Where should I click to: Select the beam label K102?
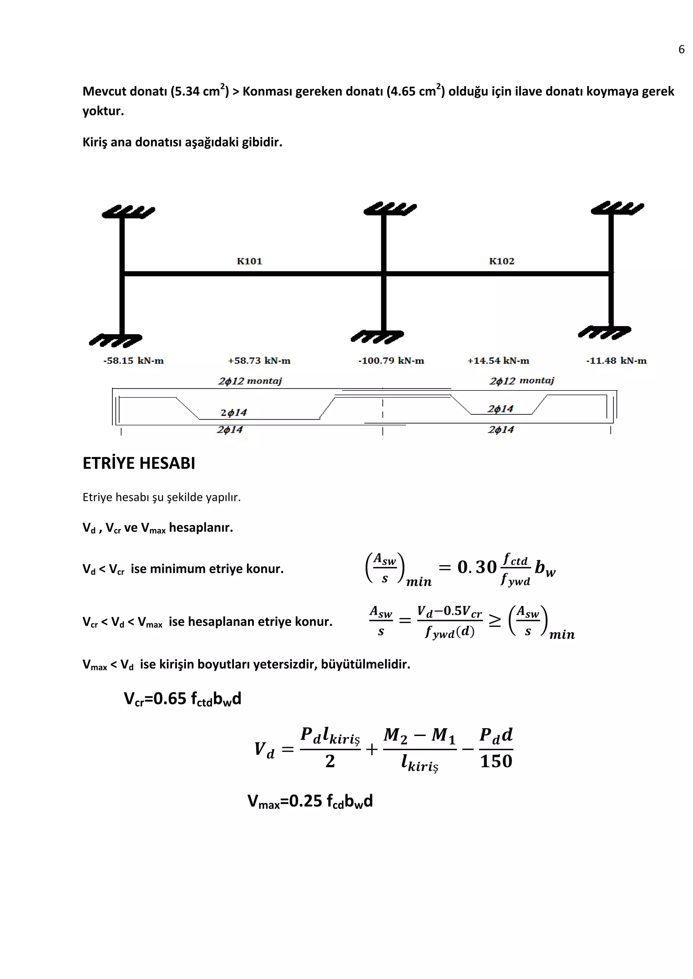(501, 261)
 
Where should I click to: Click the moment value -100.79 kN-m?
(391, 361)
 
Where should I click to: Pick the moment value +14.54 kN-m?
(498, 361)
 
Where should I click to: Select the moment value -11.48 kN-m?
(616, 361)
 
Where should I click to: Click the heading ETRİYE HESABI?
(139, 463)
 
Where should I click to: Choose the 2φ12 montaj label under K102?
(521, 380)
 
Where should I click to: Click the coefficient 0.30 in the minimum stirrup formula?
(477, 567)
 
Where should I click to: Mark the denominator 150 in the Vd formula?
(496, 761)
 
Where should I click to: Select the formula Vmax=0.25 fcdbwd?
(310, 801)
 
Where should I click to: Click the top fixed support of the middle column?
(389, 209)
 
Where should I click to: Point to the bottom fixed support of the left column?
(115, 340)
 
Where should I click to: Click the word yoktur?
(103, 111)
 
